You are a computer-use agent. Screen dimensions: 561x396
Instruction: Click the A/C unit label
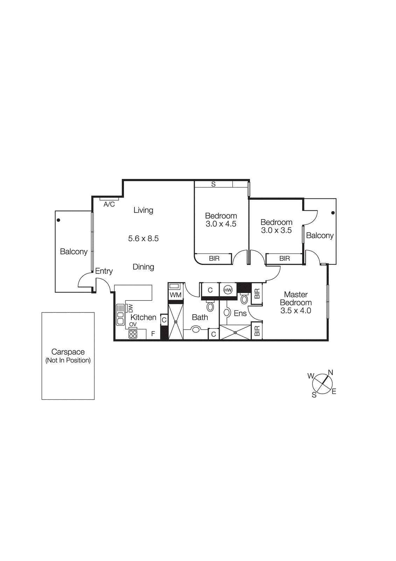pos(109,204)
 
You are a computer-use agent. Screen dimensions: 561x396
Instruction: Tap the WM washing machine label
pos(175,295)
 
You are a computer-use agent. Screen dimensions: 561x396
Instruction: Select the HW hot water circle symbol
pos(228,290)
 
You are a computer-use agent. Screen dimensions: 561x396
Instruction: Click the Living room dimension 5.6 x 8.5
pos(143,238)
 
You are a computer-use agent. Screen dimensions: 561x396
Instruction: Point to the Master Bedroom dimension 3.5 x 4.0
pos(296,311)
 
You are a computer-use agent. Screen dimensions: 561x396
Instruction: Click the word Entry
pos(104,271)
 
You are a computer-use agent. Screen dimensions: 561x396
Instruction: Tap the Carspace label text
pos(68,352)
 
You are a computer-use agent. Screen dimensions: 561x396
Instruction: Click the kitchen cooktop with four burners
pos(133,334)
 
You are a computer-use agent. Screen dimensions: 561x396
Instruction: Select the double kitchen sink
pos(120,315)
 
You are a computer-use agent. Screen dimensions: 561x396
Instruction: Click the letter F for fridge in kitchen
pos(153,334)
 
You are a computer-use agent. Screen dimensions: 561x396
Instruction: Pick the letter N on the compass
pos(330,372)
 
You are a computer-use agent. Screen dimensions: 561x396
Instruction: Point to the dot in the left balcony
pos(58,220)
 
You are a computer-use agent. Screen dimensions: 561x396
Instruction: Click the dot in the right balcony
pos(333,213)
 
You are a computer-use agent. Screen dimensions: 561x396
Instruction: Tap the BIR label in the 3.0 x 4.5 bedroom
pos(214,258)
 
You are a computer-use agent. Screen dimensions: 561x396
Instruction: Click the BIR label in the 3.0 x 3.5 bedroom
pos(284,258)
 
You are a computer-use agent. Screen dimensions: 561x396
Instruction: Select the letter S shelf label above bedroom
pos(213,184)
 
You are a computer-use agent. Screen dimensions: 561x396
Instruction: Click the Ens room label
pos(240,313)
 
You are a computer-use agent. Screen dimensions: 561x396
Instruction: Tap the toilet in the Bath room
pos(210,306)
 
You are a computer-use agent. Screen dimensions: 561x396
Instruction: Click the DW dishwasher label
pos(130,308)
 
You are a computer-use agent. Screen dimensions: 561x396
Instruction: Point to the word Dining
pos(143,267)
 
